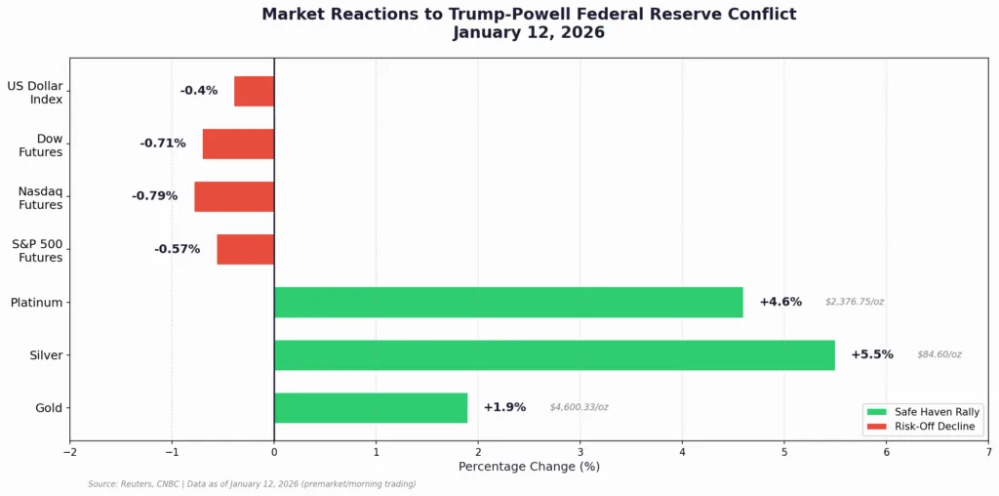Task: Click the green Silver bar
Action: pyautogui.click(x=554, y=355)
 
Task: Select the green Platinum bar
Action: pyautogui.click(x=508, y=303)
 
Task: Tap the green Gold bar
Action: pyautogui.click(x=371, y=408)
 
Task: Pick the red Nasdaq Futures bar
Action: pyautogui.click(x=234, y=196)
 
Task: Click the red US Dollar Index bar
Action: pyautogui.click(x=254, y=91)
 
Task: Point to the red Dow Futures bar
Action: pyautogui.click(x=238, y=144)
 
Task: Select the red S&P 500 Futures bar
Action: pyautogui.click(x=245, y=249)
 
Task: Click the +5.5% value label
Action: pyautogui.click(x=871, y=355)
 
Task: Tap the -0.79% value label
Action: pyautogui.click(x=154, y=196)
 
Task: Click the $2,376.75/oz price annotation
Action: pyautogui.click(x=854, y=303)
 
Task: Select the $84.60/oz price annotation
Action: pyautogui.click(x=939, y=355)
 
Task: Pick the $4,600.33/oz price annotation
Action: pyautogui.click(x=579, y=408)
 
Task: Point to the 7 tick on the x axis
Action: pyautogui.click(x=988, y=452)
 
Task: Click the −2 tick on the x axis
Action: pyautogui.click(x=69, y=452)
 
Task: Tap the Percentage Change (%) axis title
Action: pyautogui.click(x=529, y=467)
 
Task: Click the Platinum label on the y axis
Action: pyautogui.click(x=36, y=303)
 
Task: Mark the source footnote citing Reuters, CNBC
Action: pyautogui.click(x=252, y=484)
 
